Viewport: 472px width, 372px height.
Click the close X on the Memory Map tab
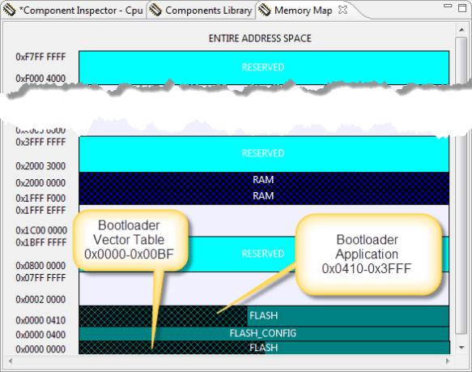coord(342,11)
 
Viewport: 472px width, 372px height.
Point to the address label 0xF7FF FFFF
coord(41,58)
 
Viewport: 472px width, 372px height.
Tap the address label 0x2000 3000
coord(41,166)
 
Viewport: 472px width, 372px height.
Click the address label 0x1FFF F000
coord(41,196)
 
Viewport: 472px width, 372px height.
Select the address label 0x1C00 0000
coord(41,230)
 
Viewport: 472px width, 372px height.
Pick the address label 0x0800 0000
coord(41,265)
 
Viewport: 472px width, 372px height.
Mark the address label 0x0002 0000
coord(41,299)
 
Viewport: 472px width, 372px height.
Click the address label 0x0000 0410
coord(41,320)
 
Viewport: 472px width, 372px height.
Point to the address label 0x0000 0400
coord(41,335)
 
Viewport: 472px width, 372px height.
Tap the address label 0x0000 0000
coord(41,349)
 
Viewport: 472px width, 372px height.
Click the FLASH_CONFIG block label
coord(263,333)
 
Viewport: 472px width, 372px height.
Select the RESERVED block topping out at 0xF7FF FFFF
coord(263,67)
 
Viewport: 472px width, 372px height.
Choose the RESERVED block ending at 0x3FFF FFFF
coord(263,153)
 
